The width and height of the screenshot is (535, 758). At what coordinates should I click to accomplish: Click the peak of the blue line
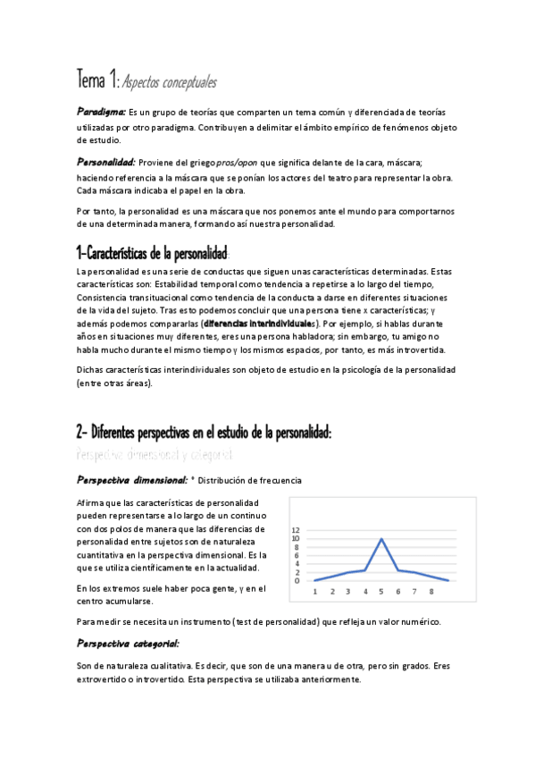pyautogui.click(x=382, y=539)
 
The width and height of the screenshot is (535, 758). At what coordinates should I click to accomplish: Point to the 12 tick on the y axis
pyautogui.click(x=297, y=529)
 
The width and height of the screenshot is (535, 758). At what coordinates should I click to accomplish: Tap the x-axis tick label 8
pyautogui.click(x=431, y=591)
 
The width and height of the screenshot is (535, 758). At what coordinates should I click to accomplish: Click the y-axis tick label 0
pyautogui.click(x=297, y=580)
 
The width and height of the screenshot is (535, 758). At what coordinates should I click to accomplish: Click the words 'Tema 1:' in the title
pyautogui.click(x=96, y=82)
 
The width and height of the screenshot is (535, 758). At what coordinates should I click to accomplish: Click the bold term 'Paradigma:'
pyautogui.click(x=100, y=112)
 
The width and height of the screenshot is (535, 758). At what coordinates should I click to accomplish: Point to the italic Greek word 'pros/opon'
pyautogui.click(x=237, y=162)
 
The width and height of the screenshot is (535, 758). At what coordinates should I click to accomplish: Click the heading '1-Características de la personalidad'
pyautogui.click(x=153, y=252)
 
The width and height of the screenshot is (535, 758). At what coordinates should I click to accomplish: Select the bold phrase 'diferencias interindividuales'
pyautogui.click(x=258, y=322)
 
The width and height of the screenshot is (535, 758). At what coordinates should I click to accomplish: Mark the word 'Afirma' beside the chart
pyautogui.click(x=91, y=503)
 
